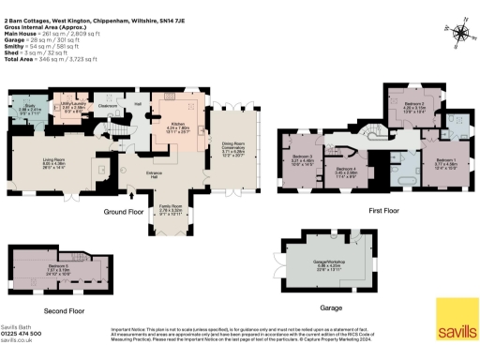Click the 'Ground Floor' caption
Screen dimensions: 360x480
[x=124, y=212]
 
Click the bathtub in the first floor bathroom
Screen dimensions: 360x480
[x=383, y=176]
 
